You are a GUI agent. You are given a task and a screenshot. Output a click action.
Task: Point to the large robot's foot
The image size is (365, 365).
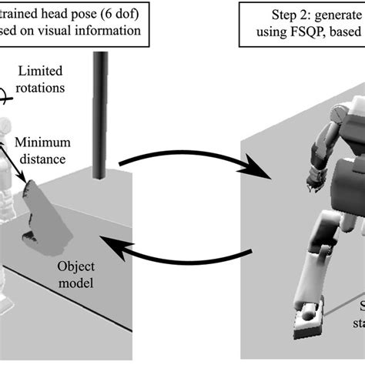coord(309,320)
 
